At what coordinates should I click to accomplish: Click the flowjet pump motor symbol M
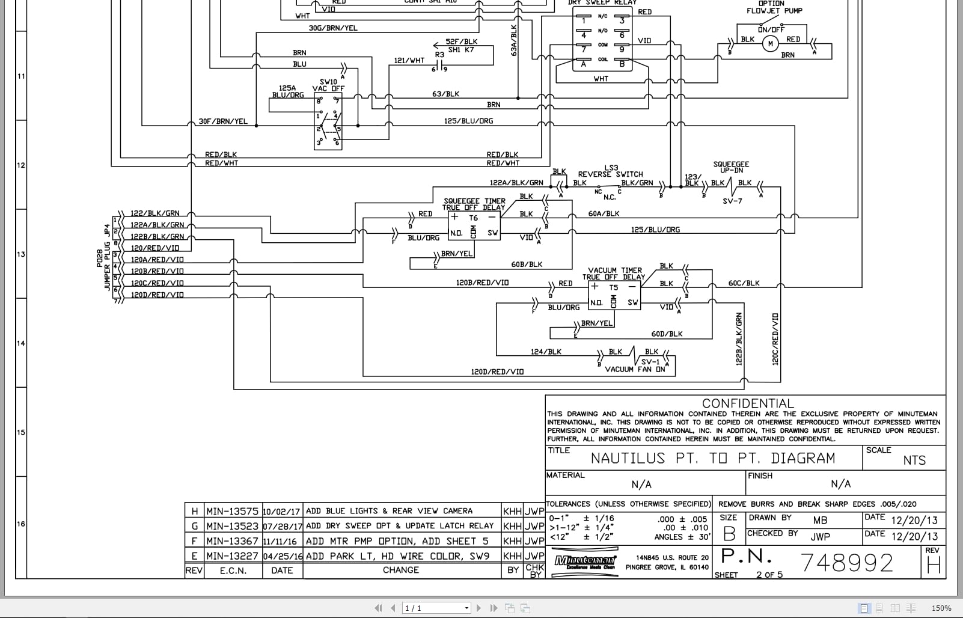(770, 43)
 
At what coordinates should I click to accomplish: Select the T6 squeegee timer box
(474, 225)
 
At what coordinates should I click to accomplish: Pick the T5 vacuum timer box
(613, 295)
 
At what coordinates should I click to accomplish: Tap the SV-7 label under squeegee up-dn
(732, 201)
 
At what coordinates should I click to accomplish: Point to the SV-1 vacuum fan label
(650, 361)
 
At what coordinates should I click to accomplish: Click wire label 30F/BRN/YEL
(223, 121)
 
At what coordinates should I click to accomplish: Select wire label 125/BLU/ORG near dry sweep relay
(468, 121)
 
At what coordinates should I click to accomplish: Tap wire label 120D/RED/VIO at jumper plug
(157, 295)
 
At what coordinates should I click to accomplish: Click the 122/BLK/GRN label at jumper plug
(155, 213)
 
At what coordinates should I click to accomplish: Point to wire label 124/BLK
(546, 352)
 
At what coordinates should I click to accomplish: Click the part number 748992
(848, 563)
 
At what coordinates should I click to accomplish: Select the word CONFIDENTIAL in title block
(748, 403)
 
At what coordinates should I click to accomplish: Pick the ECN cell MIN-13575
(232, 511)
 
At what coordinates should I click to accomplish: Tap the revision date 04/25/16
(283, 556)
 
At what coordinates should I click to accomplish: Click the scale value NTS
(914, 460)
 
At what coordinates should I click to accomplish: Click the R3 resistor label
(439, 55)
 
